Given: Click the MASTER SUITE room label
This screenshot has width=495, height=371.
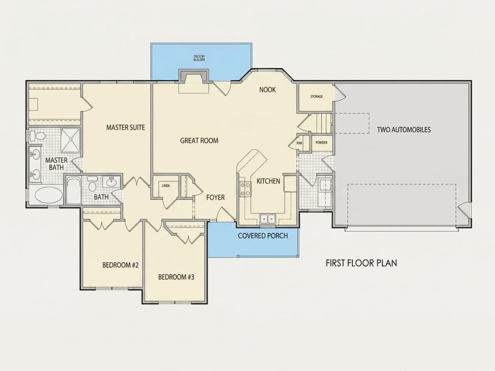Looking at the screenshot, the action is (126, 127).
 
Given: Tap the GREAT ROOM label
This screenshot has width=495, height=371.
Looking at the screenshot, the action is (199, 141).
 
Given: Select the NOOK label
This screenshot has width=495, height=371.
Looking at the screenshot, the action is (267, 90).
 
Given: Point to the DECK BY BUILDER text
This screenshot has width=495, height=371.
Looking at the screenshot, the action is (199, 58).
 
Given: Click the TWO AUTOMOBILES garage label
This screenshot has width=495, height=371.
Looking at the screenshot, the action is (404, 130).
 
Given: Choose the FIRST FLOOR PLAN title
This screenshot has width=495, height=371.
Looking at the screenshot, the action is (361, 263).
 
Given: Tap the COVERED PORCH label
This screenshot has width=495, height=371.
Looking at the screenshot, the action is (263, 236).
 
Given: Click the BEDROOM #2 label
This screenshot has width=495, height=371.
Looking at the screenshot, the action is (121, 265).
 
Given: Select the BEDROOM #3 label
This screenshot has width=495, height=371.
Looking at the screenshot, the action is (176, 277).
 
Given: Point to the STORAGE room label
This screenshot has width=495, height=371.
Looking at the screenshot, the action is (316, 97).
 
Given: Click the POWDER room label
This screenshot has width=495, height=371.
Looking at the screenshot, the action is (322, 143).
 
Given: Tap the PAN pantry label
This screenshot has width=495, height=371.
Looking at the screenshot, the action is (299, 143).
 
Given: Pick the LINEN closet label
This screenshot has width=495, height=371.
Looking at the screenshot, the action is (166, 186).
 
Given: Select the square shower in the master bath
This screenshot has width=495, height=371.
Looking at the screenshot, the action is (70, 140).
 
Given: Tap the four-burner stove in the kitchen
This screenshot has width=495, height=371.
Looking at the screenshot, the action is (245, 189).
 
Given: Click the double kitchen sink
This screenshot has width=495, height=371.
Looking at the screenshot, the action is (268, 219).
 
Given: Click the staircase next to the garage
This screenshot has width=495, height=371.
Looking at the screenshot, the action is (321, 123).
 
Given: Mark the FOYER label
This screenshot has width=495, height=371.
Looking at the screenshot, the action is (216, 198).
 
